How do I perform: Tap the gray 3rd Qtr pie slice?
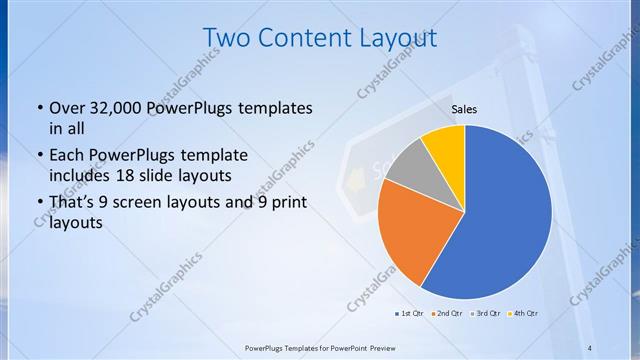[408, 167]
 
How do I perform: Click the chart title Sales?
[463, 108]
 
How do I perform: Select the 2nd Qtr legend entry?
[446, 314]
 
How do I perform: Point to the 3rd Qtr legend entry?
[484, 314]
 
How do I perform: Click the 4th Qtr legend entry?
[523, 314]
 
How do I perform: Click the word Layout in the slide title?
[397, 37]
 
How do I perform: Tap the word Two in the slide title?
[224, 37]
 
